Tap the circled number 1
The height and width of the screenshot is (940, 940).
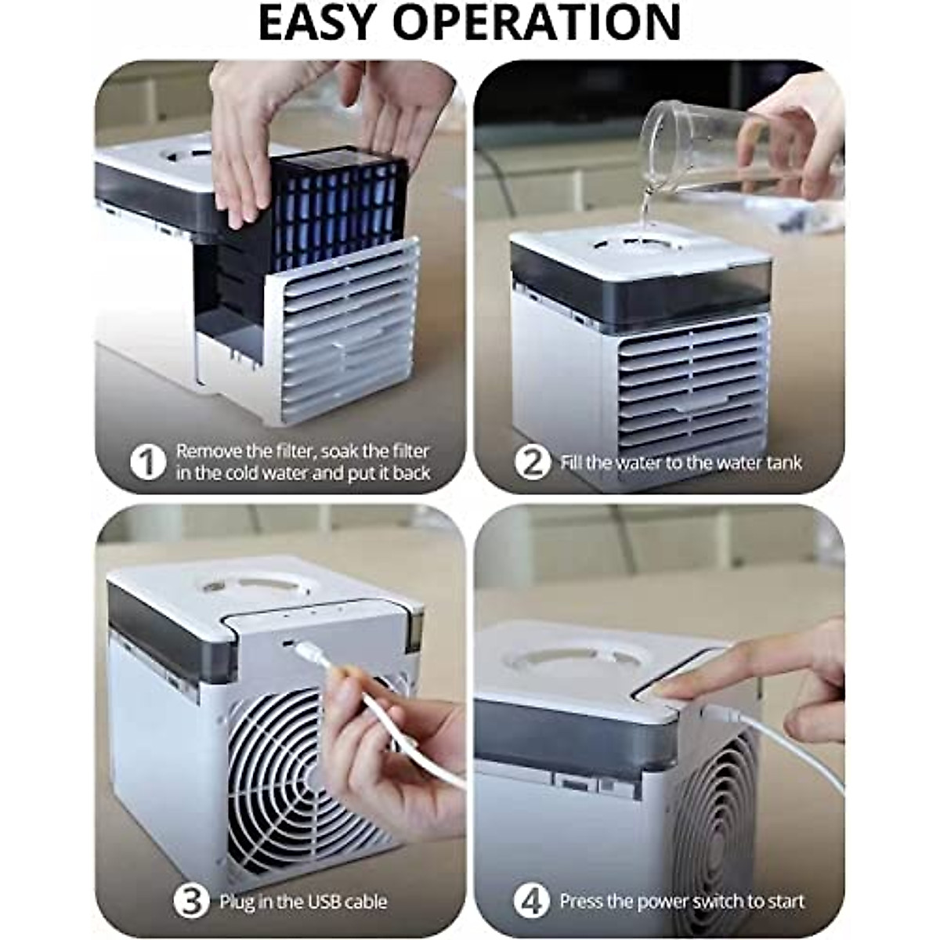(x=147, y=462)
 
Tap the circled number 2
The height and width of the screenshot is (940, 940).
(x=533, y=462)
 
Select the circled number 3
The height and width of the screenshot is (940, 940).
(x=191, y=902)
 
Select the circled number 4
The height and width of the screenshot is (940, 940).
(x=532, y=902)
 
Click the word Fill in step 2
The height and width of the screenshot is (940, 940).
(x=572, y=463)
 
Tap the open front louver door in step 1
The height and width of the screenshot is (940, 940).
(x=345, y=333)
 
